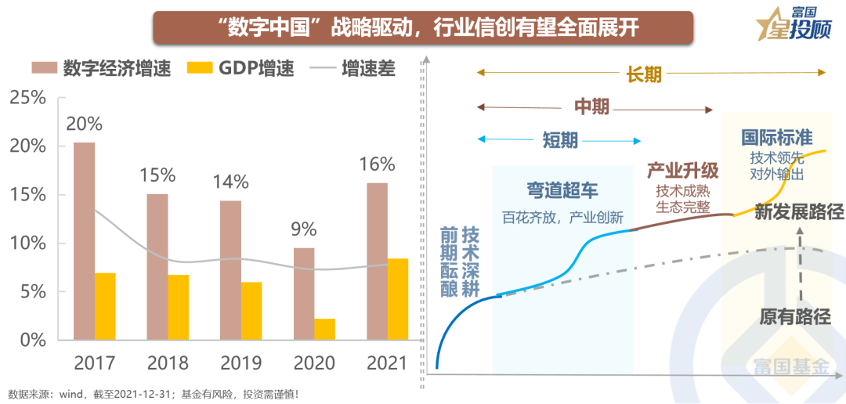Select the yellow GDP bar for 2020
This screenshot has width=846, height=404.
coord(324,330)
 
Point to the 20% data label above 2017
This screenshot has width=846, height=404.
coord(84,124)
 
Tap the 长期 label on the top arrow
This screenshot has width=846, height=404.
coord(644,74)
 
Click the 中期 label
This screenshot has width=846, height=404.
coord(591,107)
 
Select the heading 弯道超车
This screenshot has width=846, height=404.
coord(563,189)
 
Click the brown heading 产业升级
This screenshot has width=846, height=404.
coord(682,171)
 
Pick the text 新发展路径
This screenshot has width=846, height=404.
coord(798,211)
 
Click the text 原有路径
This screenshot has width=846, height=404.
coord(794,316)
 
